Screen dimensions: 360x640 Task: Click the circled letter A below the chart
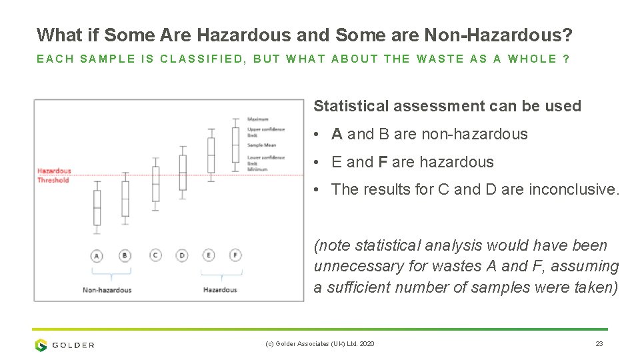click(97, 255)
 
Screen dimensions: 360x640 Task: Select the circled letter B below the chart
click(125, 255)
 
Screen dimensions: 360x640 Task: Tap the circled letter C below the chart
click(155, 255)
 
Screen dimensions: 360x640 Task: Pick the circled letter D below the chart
click(182, 255)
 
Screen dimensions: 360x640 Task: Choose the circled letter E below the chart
click(209, 255)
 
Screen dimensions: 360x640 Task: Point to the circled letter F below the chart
click(235, 255)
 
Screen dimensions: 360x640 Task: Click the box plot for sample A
click(97, 207)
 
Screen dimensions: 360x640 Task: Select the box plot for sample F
click(235, 145)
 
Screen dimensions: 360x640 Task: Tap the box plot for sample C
click(155, 183)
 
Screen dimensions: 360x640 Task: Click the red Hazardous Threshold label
click(53, 175)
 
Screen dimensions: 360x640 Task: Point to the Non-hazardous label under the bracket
click(107, 290)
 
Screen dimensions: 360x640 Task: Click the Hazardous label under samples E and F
click(220, 290)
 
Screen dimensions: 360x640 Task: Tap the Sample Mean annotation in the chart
click(261, 145)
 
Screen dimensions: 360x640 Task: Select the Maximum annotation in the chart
click(258, 119)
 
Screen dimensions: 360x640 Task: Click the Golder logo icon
click(41, 345)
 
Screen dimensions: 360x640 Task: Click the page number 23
click(599, 344)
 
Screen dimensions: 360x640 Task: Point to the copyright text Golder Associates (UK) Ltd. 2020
click(320, 344)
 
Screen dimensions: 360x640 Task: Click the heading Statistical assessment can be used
click(447, 106)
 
